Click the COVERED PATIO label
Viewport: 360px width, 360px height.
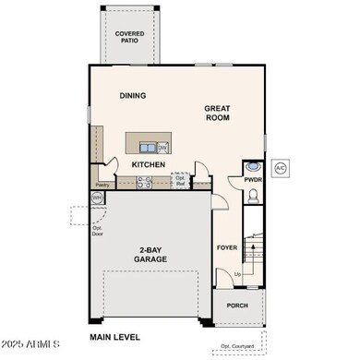pos(129,36)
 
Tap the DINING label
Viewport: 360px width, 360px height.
pos(133,95)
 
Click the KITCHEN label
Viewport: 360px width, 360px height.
pos(148,165)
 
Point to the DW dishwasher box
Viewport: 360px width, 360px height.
pos(162,147)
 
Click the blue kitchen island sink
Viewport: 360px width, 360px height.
pos(147,147)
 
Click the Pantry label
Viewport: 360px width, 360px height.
pos(102,185)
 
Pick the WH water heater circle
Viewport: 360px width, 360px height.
pos(97,198)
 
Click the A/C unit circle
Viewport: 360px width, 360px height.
pos(280,169)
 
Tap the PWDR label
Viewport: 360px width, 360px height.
pos(254,180)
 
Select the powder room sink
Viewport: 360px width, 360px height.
pos(253,167)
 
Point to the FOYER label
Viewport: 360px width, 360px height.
pos(227,247)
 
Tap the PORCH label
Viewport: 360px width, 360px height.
pos(237,306)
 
